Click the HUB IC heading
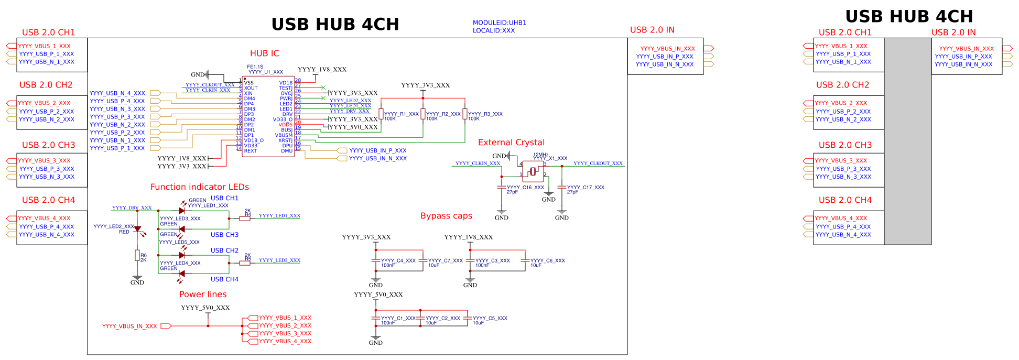click(264, 53)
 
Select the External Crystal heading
click(511, 143)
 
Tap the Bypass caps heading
click(446, 216)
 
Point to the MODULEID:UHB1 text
click(499, 23)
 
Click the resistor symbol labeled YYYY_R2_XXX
click(423, 114)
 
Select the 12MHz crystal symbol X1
click(533, 171)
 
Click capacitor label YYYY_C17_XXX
click(586, 187)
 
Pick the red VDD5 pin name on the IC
click(286, 125)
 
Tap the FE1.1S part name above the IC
click(255, 67)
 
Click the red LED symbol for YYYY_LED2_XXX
click(138, 229)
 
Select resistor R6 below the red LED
click(137, 256)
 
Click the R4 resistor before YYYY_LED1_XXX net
click(245, 219)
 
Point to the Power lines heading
click(203, 294)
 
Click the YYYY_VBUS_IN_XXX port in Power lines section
click(129, 326)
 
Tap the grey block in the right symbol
click(907, 141)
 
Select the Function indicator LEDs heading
click(199, 187)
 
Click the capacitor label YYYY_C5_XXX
click(490, 318)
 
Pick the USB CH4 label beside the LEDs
click(224, 279)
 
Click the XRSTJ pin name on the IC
click(286, 140)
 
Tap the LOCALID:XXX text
click(493, 30)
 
